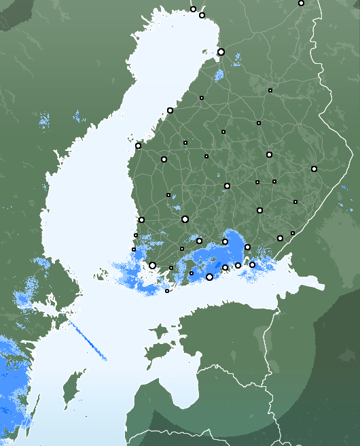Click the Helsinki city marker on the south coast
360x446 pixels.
point(209,277)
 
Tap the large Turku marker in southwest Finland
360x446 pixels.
point(152,266)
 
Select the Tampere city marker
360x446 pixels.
point(185,219)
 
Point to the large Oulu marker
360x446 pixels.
point(221,52)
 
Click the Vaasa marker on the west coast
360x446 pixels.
point(138,145)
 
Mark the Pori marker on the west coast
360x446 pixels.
point(141,220)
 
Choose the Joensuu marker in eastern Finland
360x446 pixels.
point(314,169)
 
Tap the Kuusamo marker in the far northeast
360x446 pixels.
point(301,3)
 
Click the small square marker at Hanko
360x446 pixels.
point(167,291)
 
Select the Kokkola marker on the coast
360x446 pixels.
point(170,110)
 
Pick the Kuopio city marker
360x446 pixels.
point(269,154)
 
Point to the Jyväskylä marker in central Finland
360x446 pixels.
point(227,186)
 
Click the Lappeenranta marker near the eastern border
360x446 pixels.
point(280,238)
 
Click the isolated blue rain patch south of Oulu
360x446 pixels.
point(219,75)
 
